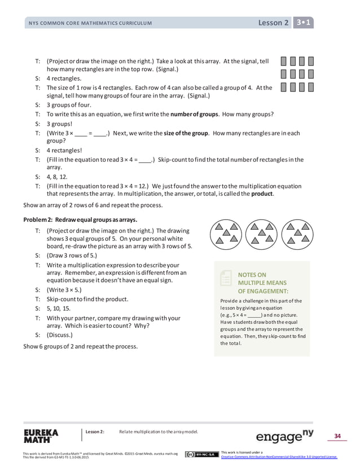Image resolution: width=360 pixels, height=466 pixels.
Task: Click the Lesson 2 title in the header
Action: (x=273, y=23)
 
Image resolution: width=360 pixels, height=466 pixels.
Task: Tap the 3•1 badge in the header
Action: (x=304, y=23)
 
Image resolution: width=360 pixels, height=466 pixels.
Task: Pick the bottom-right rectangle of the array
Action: (x=311, y=87)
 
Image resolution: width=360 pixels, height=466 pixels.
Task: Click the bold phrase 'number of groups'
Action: (x=195, y=114)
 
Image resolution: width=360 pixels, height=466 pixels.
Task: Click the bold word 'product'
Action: (x=262, y=194)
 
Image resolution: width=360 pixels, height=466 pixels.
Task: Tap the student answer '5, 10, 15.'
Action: (x=59, y=309)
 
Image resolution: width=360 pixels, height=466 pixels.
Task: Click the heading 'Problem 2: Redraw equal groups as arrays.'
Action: (x=80, y=219)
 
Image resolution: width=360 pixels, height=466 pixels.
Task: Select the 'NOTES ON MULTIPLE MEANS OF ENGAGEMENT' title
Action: (x=262, y=283)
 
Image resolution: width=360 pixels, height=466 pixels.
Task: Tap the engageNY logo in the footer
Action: (x=284, y=437)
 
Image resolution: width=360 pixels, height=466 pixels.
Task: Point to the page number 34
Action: (x=337, y=436)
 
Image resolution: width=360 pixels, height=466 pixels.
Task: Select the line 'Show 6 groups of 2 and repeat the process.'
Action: (x=80, y=346)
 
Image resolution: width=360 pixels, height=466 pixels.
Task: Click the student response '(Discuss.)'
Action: (x=60, y=335)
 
